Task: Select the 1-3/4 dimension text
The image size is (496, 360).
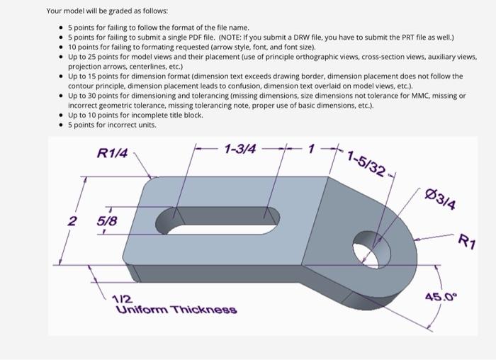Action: [x=240, y=149]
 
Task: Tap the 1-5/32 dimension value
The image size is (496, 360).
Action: [x=366, y=164]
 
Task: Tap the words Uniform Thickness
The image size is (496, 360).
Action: [x=176, y=310]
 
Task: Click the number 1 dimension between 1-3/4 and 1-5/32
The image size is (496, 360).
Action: [x=310, y=149]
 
